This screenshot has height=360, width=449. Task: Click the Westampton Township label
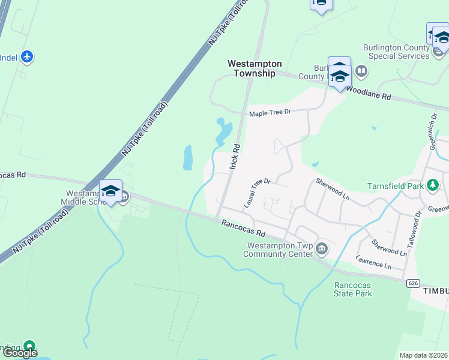[251, 68]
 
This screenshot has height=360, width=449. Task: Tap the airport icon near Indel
[26, 57]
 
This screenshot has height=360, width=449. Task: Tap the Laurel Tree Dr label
[258, 192]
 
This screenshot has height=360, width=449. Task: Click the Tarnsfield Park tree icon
[432, 185]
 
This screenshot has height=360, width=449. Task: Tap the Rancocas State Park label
[353, 289]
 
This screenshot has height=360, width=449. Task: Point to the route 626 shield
[412, 283]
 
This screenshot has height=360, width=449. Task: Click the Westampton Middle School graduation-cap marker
[110, 191]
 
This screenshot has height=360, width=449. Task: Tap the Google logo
[20, 353]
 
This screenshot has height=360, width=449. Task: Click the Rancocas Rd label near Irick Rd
[243, 228]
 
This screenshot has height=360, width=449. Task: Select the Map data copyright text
[424, 355]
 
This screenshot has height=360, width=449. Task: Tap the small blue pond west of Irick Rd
[188, 157]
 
